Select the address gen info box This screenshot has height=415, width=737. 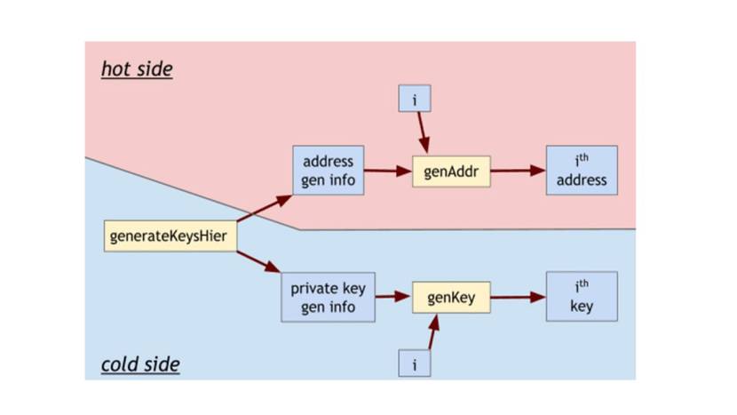point(328,170)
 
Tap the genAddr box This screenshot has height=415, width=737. point(451,171)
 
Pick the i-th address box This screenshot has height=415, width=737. point(582,171)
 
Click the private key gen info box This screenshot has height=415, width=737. point(328,297)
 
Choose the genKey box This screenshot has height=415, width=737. point(451,297)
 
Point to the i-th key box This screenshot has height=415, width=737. point(582,297)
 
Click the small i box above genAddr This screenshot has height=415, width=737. point(414,98)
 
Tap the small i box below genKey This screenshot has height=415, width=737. point(414,363)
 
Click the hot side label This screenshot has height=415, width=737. point(137,68)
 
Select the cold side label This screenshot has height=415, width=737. point(140,363)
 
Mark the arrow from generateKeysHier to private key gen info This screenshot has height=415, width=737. point(260,262)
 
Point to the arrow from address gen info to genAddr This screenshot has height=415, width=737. point(387,171)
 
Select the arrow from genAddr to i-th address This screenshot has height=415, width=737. point(518,171)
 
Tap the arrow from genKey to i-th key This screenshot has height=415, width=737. point(518,297)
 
